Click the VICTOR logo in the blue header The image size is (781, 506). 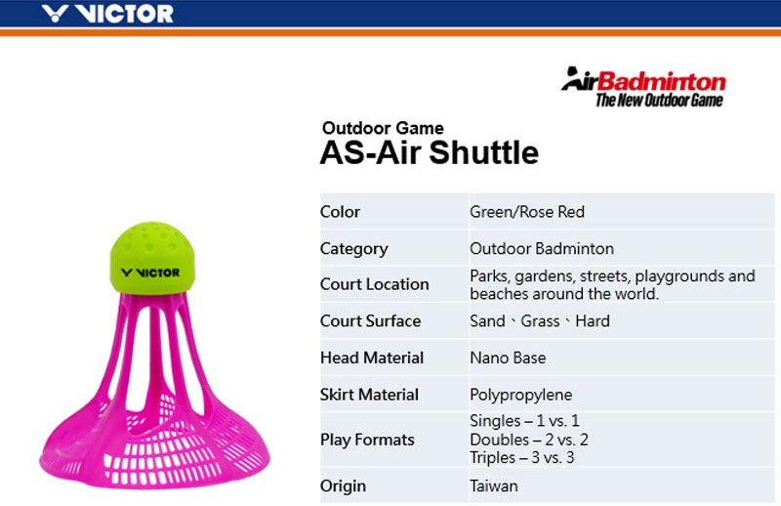[108, 14]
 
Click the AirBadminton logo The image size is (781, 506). [643, 80]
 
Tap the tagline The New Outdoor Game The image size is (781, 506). [659, 100]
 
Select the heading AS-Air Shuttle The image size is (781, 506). [429, 153]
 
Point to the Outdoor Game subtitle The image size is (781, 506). [383, 128]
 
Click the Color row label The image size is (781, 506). [340, 212]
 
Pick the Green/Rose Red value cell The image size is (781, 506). [527, 212]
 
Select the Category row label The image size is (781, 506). [353, 248]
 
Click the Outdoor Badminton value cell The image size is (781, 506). [542, 248]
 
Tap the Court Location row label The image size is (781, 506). [374, 284]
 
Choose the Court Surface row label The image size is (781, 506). [370, 321]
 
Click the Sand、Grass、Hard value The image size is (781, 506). [539, 321]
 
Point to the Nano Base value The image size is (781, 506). [508, 358]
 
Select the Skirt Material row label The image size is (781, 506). [369, 395]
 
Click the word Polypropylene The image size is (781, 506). [521, 395]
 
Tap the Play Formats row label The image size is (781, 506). [367, 440]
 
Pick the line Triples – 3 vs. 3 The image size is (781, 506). [522, 457]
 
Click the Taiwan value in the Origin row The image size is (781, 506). [494, 485]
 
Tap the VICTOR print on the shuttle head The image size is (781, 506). [150, 272]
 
